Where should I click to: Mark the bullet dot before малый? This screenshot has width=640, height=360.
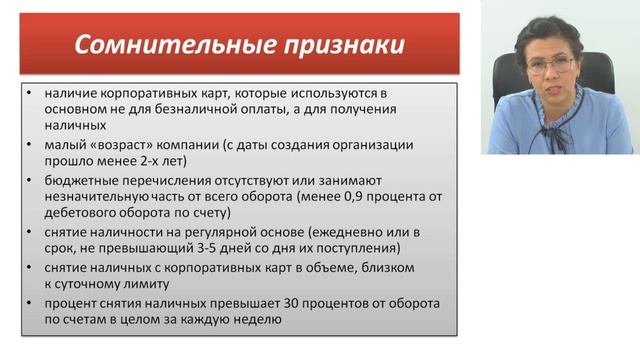tap(34, 144)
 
